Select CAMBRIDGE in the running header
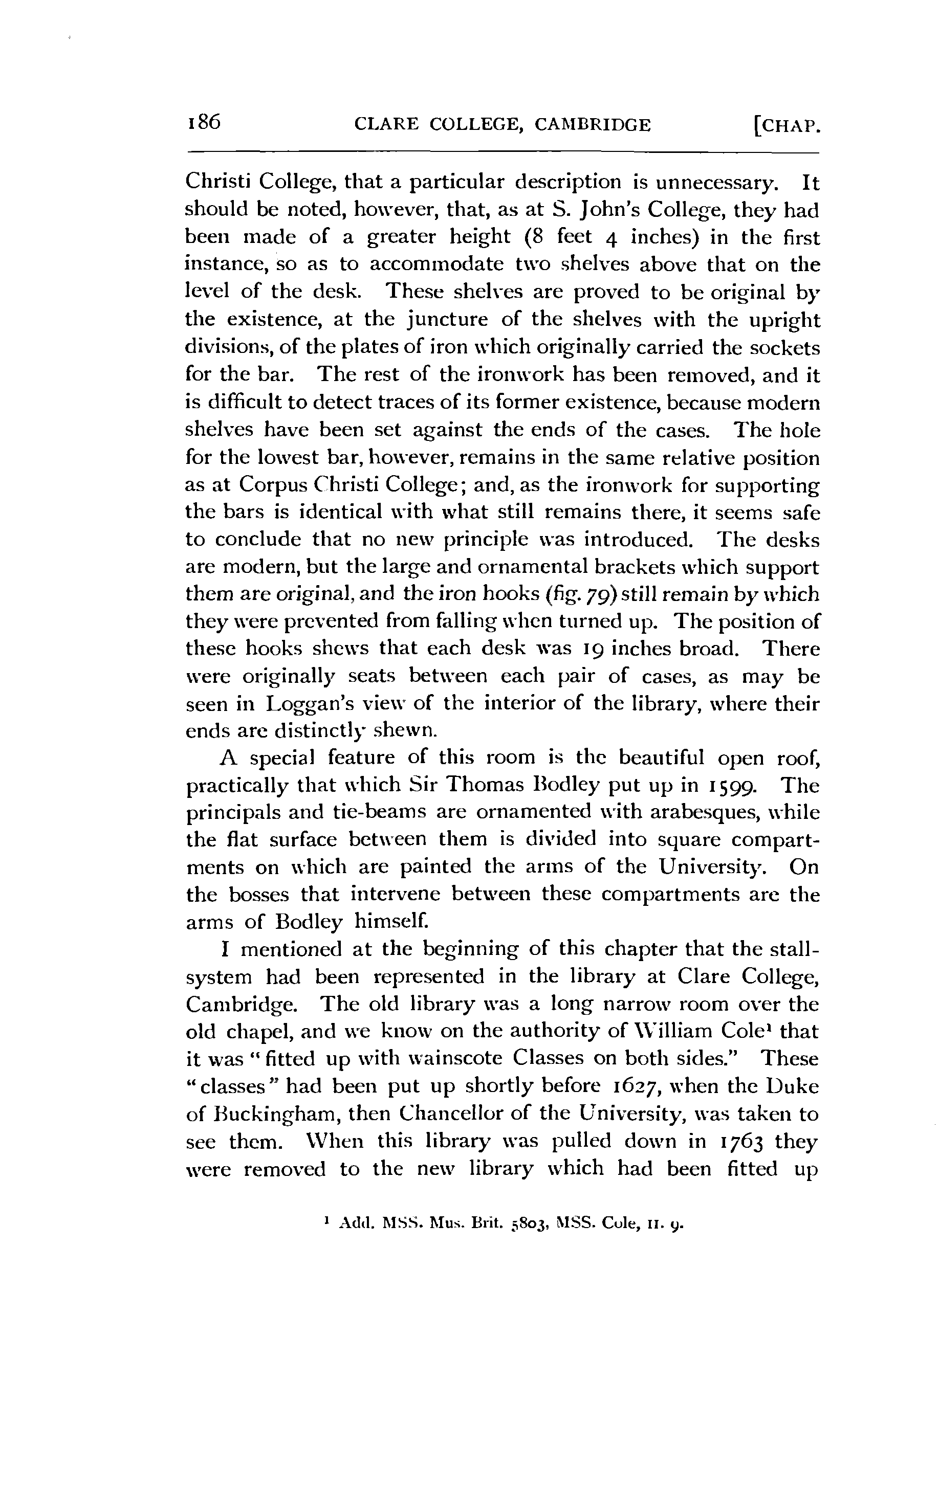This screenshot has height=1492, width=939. point(593,126)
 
